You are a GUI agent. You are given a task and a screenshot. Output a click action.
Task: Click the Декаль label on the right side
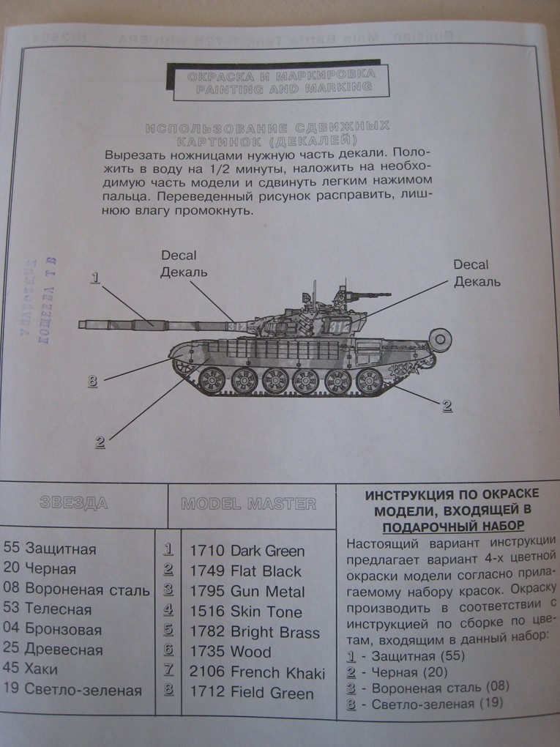click(477, 281)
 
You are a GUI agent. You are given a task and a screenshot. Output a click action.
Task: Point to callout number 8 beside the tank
click(92, 381)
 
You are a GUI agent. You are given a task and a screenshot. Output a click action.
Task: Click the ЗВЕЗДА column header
click(73, 504)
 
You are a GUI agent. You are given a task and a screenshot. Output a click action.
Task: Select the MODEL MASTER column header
click(248, 504)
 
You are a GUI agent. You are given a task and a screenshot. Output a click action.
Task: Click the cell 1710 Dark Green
click(247, 551)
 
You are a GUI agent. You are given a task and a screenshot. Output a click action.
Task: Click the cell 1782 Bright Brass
click(254, 633)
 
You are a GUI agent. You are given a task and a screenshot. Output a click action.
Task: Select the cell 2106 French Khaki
click(257, 672)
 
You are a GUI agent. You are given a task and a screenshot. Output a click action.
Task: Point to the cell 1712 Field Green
click(251, 693)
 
